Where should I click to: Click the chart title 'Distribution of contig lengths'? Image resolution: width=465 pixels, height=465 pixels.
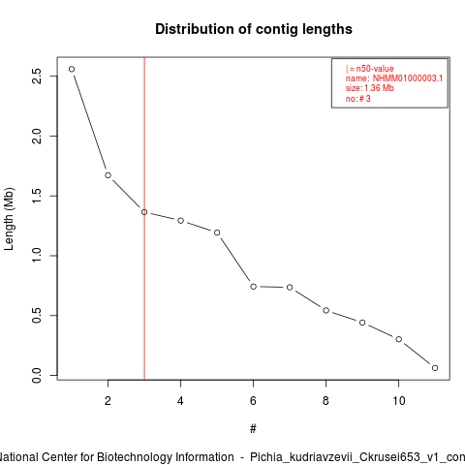254,29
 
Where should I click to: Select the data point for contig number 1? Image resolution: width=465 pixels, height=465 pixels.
72,69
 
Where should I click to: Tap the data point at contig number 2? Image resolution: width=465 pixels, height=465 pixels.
108,175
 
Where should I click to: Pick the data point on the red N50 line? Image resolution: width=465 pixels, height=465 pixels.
144,212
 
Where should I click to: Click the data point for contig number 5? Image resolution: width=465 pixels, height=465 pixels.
217,232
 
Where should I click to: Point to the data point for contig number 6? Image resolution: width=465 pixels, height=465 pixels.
254,287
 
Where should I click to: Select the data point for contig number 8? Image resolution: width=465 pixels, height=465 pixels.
326,310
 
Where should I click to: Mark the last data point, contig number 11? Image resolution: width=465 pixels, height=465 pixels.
435,368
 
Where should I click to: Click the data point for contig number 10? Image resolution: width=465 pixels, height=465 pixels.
399,339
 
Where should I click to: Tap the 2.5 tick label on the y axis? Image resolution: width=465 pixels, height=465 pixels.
37,77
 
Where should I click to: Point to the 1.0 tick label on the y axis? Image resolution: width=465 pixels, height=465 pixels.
37,256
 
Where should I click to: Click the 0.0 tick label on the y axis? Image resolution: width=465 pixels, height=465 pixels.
37,375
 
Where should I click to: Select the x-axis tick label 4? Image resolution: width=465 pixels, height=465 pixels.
180,401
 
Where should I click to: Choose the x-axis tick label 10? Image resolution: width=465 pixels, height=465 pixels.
399,401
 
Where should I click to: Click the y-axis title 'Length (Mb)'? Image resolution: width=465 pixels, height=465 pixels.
9,219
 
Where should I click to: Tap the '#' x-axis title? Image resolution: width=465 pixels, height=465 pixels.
253,428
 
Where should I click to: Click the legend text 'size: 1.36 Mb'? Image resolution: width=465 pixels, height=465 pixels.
370,88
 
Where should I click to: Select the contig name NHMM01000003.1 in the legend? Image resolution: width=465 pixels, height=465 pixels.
408,78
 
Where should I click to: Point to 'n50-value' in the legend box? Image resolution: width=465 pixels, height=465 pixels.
375,69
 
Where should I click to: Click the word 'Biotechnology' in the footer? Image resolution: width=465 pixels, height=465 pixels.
166,457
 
